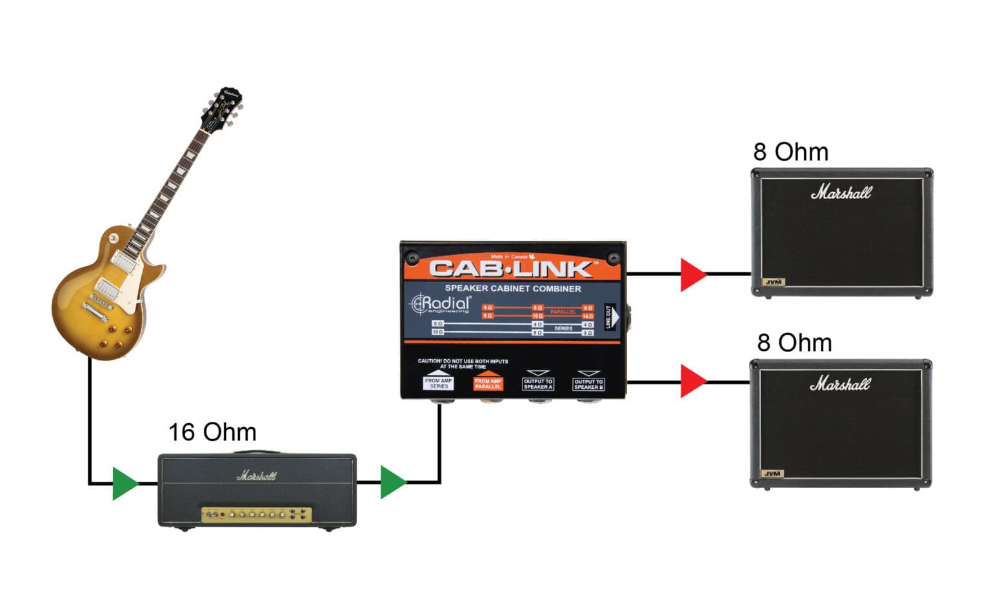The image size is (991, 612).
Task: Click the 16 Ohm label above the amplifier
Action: pos(212,432)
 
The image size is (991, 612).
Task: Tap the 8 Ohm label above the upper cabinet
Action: pos(790,152)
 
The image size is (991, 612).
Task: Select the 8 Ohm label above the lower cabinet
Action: pos(794,342)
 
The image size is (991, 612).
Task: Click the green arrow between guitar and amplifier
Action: pos(124,483)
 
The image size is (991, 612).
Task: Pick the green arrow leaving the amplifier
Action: pos(392,482)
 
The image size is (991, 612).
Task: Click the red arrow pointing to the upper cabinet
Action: pos(693,274)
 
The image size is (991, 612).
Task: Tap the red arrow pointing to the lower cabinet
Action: pos(693,381)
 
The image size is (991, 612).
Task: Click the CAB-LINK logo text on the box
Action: pos(510,268)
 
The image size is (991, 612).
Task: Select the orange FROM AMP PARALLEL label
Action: pos(488,383)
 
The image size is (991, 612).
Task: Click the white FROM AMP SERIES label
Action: pos(438,383)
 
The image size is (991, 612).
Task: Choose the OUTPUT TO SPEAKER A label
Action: pos(538,384)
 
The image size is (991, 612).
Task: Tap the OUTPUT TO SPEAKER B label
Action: pos(588,384)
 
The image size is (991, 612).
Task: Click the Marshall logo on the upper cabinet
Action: pos(841,192)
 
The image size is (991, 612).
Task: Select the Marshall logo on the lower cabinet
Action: pos(840,384)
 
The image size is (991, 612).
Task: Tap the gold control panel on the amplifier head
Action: pos(256,515)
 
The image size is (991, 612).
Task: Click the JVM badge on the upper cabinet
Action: pos(773,282)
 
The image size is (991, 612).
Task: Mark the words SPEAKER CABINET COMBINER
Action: pos(513,289)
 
